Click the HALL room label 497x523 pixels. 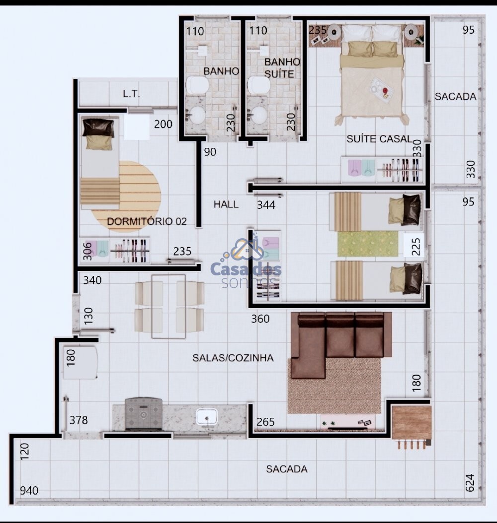[x=226, y=204]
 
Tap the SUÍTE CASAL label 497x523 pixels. [x=379, y=139]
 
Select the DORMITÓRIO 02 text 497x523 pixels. [x=147, y=221]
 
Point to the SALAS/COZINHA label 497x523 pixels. [x=233, y=358]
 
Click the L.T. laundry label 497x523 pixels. [x=131, y=94]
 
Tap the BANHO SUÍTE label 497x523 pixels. [x=282, y=67]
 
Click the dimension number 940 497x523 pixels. [x=29, y=491]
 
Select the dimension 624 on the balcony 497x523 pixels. [x=470, y=483]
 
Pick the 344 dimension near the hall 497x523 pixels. [x=266, y=205]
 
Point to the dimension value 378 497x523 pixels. [x=79, y=420]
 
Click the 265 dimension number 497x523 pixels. [x=265, y=422]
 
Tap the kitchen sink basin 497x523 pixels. [x=206, y=417]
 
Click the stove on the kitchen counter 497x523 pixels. [x=143, y=414]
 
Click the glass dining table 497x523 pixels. [x=168, y=307]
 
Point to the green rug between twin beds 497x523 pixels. [x=368, y=244]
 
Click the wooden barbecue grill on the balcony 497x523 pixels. [x=412, y=426]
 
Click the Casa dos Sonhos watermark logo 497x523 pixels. [x=246, y=263]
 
